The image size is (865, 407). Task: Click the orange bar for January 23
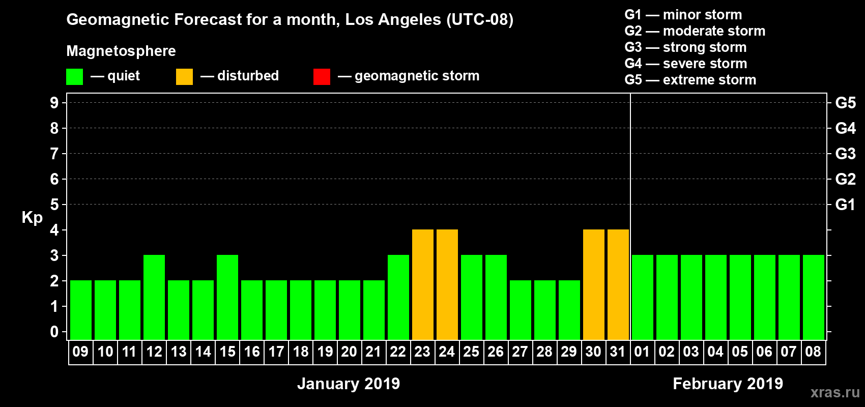[x=422, y=284]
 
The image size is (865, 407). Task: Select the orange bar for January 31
[x=618, y=284]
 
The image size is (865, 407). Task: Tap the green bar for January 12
[x=154, y=297]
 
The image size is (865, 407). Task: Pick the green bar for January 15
[x=227, y=297]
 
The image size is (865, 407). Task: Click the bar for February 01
[x=642, y=297]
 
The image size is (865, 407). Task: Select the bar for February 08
[x=813, y=297]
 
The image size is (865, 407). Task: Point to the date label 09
[x=80, y=352]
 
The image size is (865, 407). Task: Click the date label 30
[x=593, y=352]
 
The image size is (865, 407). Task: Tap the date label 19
[x=325, y=352]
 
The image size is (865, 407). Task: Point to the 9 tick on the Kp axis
[x=54, y=103]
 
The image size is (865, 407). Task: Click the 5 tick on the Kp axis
[x=54, y=205]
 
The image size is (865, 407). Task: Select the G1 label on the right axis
[x=845, y=205]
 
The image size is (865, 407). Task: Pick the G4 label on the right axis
[x=845, y=128]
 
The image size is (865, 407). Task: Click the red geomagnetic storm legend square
[x=322, y=77]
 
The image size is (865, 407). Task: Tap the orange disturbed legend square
[x=184, y=77]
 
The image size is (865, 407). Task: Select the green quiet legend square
[x=74, y=77]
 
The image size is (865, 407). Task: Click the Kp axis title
[x=32, y=217]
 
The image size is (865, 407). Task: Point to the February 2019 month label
[x=728, y=384]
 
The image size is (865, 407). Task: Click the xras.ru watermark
[x=835, y=392]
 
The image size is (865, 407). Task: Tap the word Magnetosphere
[x=121, y=51]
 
